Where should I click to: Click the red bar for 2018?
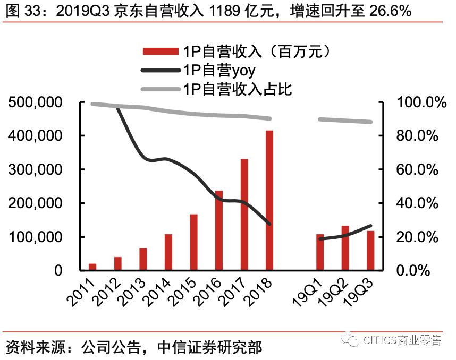269,200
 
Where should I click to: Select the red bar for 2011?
92,267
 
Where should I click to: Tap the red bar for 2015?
193,242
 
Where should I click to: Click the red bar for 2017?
244,215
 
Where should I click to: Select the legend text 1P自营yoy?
219,70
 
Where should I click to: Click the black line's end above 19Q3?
370,226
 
